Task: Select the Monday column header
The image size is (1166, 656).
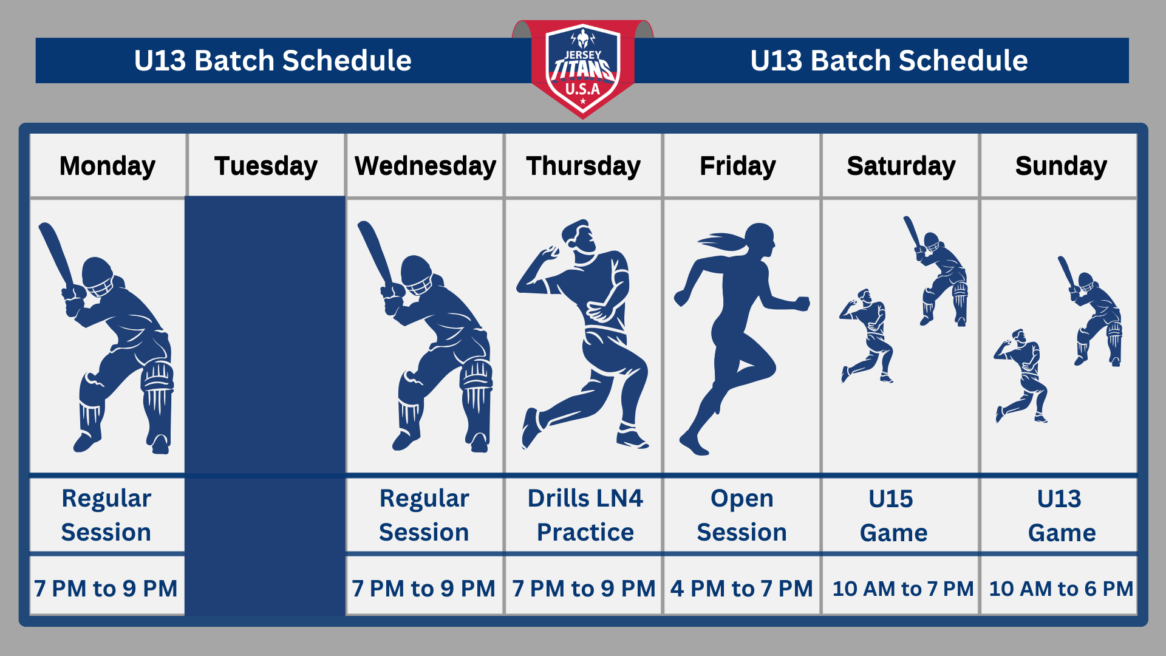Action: pyautogui.click(x=107, y=166)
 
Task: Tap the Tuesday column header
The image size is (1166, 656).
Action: pyautogui.click(x=266, y=166)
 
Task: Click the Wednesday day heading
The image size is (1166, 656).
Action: pyautogui.click(x=425, y=166)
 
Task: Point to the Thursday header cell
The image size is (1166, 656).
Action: pyautogui.click(x=583, y=166)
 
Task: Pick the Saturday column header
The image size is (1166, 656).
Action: pyautogui.click(x=901, y=166)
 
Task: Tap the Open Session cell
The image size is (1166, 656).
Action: pyautogui.click(x=742, y=515)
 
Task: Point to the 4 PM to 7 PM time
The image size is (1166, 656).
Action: pyautogui.click(x=742, y=588)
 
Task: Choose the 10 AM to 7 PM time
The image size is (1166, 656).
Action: pyautogui.click(x=902, y=588)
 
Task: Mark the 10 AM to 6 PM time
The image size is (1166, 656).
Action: pyautogui.click(x=1061, y=588)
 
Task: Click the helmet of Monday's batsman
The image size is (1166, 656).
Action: pyautogui.click(x=97, y=275)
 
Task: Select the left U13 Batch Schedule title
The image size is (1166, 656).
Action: pyautogui.click(x=273, y=60)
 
